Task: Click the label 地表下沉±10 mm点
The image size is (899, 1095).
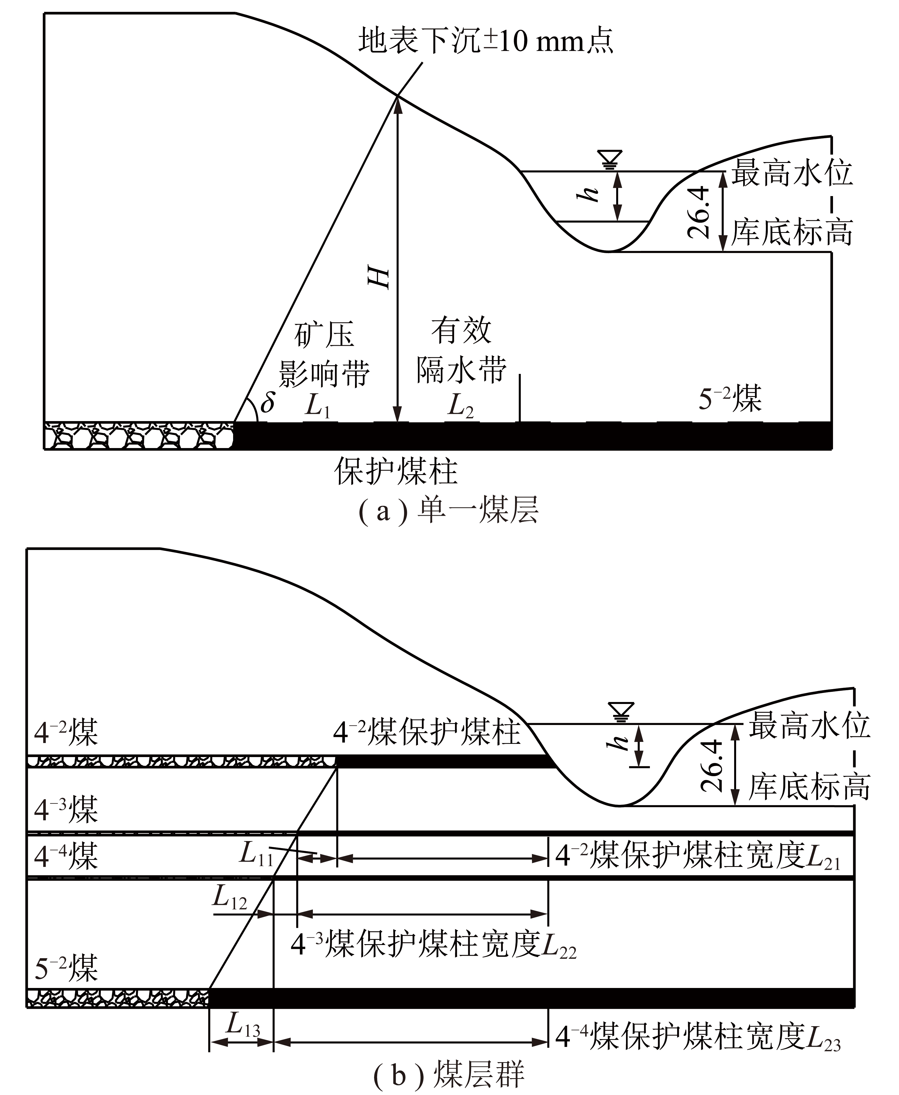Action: tap(486, 40)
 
